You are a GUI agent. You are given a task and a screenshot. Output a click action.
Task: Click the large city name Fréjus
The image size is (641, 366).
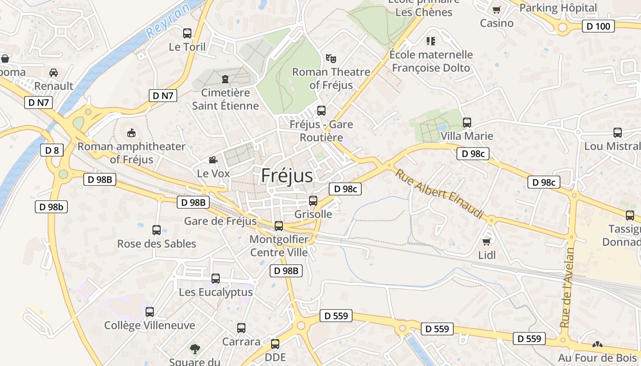point(287,176)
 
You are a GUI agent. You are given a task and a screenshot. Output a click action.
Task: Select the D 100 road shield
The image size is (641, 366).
point(598,26)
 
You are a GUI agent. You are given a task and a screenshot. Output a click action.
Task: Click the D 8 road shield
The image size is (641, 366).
point(52,150)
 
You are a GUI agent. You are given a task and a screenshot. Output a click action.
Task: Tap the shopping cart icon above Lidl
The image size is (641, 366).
point(486,241)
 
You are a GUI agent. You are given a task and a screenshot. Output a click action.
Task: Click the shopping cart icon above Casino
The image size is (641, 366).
point(496,9)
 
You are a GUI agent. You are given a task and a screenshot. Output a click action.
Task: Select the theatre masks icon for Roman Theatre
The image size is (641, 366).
point(331,58)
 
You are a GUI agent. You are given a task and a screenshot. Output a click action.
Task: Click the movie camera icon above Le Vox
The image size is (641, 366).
point(213,160)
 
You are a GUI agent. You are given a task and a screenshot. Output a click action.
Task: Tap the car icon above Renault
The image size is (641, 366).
point(54,72)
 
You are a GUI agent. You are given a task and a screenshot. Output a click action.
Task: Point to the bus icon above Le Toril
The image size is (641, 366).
point(187,33)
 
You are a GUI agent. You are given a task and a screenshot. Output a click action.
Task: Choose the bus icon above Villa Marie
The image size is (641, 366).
point(467,122)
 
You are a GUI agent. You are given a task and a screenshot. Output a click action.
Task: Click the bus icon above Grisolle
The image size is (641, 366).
point(313,200)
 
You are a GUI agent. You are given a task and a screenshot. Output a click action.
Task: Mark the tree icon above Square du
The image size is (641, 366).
point(195,349)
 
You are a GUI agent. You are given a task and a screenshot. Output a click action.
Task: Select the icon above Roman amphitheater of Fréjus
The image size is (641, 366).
point(131,133)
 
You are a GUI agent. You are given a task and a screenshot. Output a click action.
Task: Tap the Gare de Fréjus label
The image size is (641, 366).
point(220,221)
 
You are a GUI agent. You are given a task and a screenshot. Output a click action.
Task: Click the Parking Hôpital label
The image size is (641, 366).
point(558,8)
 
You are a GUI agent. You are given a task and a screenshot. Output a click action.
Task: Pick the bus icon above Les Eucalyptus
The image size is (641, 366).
point(216,278)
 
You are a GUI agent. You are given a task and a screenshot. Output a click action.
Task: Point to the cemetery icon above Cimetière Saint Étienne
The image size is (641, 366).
point(225,79)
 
